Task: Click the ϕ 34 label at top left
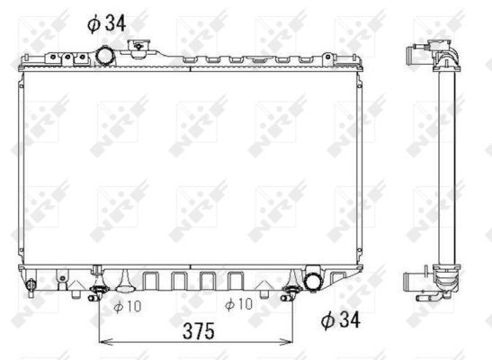tap(106, 22)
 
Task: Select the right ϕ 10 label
tap(240, 305)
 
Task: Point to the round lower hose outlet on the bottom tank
tap(314, 281)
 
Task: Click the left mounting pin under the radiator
tap(98, 291)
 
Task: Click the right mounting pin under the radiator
tap(291, 291)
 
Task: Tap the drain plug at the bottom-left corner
tap(31, 287)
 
